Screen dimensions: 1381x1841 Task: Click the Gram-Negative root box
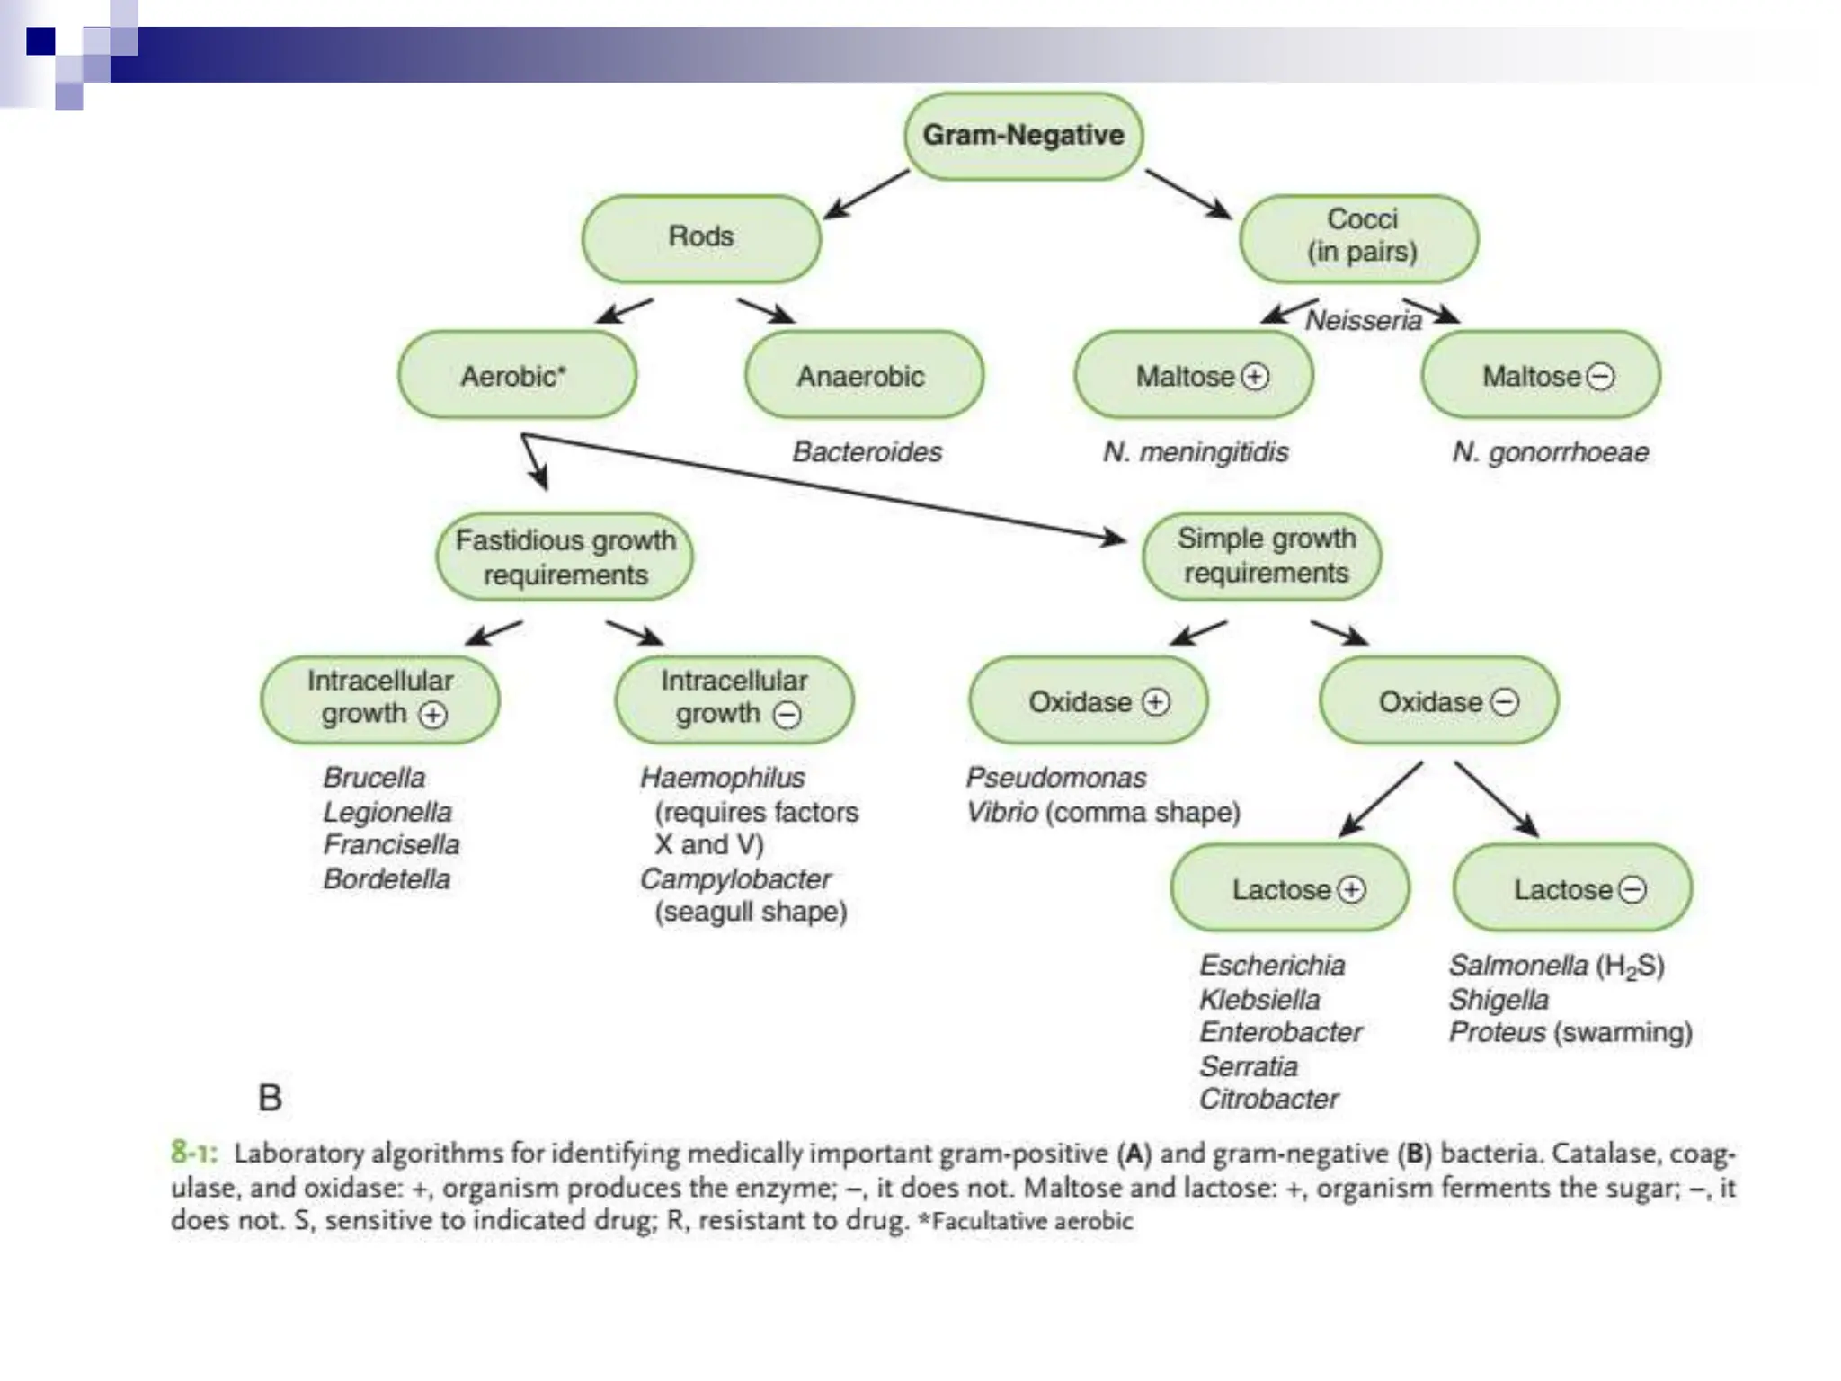[1023, 136]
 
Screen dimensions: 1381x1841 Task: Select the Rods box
[701, 237]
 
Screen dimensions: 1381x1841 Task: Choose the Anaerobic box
[861, 376]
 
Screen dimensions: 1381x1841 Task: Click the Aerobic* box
[516, 376]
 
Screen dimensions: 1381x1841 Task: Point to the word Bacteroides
[867, 451]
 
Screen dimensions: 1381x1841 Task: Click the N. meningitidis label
[1195, 451]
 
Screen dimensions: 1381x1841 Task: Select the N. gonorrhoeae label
[1550, 451]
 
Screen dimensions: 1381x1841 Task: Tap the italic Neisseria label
[1363, 320]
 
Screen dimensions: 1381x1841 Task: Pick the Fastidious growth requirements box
[565, 557]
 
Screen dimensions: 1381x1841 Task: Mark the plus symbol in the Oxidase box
[1156, 701]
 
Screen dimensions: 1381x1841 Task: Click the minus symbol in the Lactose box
[1632, 890]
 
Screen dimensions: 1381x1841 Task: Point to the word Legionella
[387, 812]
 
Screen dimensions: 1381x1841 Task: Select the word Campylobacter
[734, 878]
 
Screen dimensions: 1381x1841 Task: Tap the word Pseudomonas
[1055, 778]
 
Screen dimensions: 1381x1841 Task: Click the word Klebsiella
[1259, 999]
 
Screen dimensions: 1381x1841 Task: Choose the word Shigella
[1499, 999]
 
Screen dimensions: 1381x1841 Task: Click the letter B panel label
[270, 1098]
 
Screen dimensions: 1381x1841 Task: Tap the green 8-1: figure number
[193, 1153]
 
